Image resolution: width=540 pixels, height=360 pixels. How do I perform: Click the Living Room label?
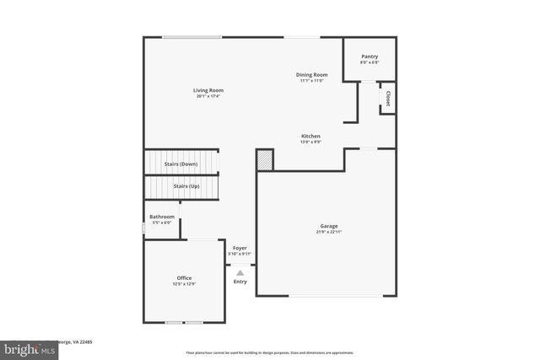(x=208, y=90)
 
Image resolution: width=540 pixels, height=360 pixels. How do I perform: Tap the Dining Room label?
(x=311, y=75)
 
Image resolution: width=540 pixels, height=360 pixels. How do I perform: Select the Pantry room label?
(x=369, y=56)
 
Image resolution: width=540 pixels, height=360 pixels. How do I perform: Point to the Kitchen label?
(x=310, y=136)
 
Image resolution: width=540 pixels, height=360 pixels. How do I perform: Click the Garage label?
(x=328, y=226)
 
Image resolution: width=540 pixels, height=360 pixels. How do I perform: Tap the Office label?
(x=184, y=278)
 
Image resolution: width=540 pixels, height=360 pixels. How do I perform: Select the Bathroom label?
(x=162, y=217)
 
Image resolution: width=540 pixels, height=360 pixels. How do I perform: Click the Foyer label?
(x=240, y=248)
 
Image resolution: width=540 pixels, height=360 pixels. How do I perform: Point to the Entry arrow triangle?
(x=240, y=272)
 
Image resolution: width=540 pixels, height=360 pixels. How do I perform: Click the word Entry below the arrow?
(x=240, y=282)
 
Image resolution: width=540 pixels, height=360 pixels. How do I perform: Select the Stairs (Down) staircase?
(x=181, y=163)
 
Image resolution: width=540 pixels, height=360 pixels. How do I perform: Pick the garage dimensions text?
(x=328, y=232)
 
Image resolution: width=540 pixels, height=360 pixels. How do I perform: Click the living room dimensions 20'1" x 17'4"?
(x=208, y=96)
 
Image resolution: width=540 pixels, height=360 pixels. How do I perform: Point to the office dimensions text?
(x=184, y=284)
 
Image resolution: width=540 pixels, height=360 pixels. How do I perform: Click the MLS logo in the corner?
(x=26, y=348)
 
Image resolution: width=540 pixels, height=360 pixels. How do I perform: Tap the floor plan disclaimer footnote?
(x=270, y=352)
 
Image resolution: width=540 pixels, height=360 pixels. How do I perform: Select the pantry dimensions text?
(x=369, y=62)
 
